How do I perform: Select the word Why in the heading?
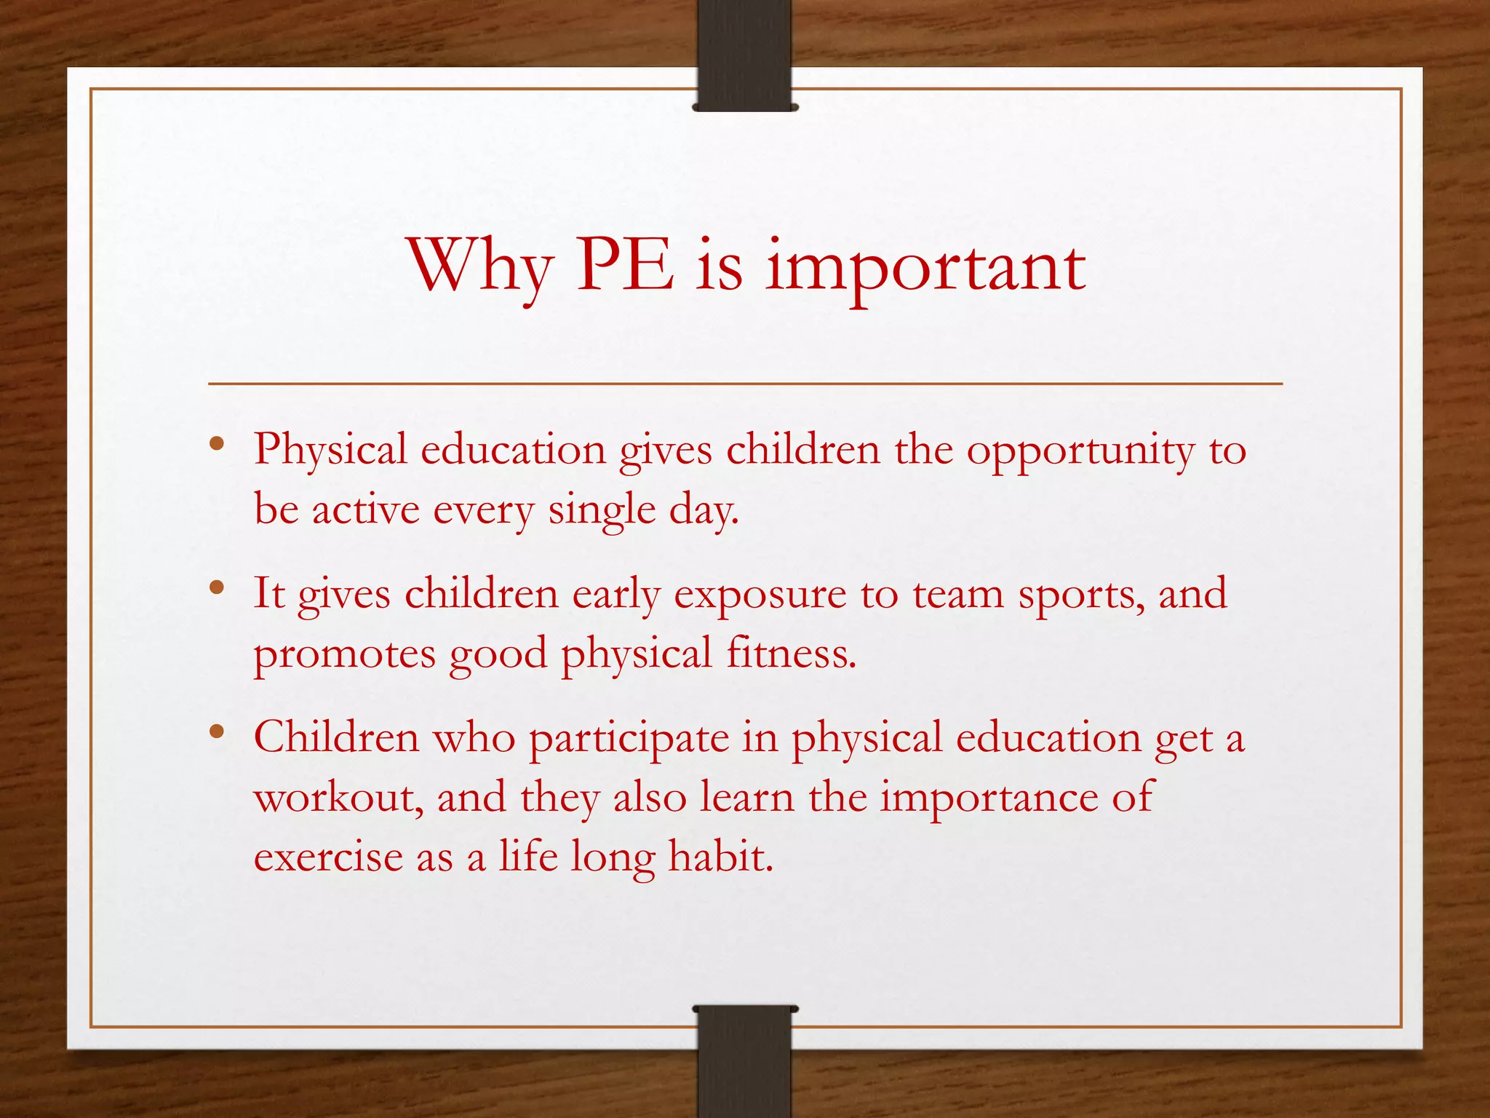[x=479, y=268]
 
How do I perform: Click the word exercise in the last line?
[x=327, y=857]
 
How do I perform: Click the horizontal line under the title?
[x=744, y=383]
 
